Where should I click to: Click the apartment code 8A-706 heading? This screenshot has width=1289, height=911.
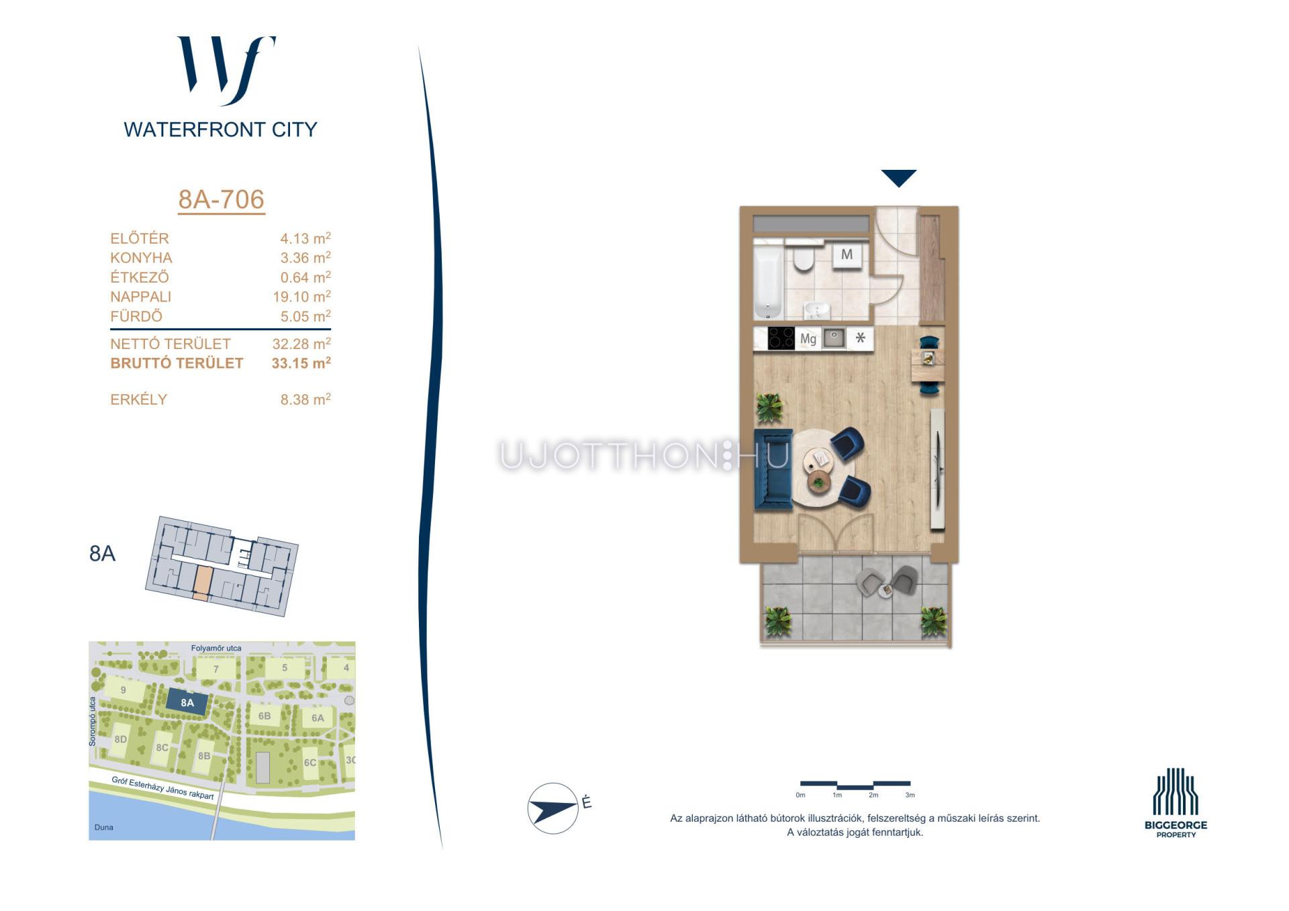222,199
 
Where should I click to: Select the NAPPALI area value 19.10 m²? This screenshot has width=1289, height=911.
301,296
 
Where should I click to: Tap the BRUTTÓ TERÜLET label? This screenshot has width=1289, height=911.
177,363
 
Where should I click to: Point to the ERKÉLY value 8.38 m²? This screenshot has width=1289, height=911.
305,399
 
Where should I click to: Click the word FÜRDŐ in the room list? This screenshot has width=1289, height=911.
136,316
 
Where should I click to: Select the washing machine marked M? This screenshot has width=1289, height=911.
847,254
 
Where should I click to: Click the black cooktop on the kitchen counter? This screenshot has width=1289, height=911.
781,338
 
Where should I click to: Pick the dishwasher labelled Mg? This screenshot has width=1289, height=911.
808,339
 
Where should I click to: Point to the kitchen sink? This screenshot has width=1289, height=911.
834,338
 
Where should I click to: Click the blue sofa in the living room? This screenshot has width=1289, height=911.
773,468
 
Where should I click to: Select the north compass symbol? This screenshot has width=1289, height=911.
553,808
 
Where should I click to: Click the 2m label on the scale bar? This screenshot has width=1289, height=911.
873,795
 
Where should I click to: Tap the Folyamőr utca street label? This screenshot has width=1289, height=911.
216,648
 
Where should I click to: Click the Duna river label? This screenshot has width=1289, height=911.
104,827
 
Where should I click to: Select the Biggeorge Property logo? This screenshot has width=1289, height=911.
1176,803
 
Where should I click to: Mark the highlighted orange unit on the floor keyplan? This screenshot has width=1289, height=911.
202,581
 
